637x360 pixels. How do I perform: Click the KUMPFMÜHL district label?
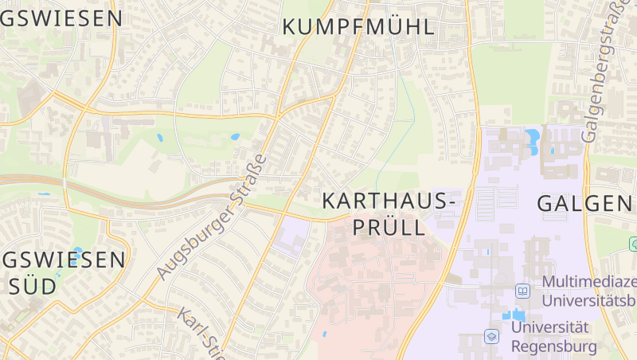[358, 27]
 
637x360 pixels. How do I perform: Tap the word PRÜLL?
[389, 228]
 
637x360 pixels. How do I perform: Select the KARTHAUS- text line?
[389, 202]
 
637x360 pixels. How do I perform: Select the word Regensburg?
[553, 346]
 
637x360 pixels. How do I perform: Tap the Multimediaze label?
[588, 282]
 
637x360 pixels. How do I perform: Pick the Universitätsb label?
[588, 300]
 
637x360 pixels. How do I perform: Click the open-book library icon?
[523, 291]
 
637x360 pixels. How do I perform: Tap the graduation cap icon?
[492, 337]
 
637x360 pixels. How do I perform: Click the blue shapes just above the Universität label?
[517, 313]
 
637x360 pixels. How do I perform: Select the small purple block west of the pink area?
[291, 237]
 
